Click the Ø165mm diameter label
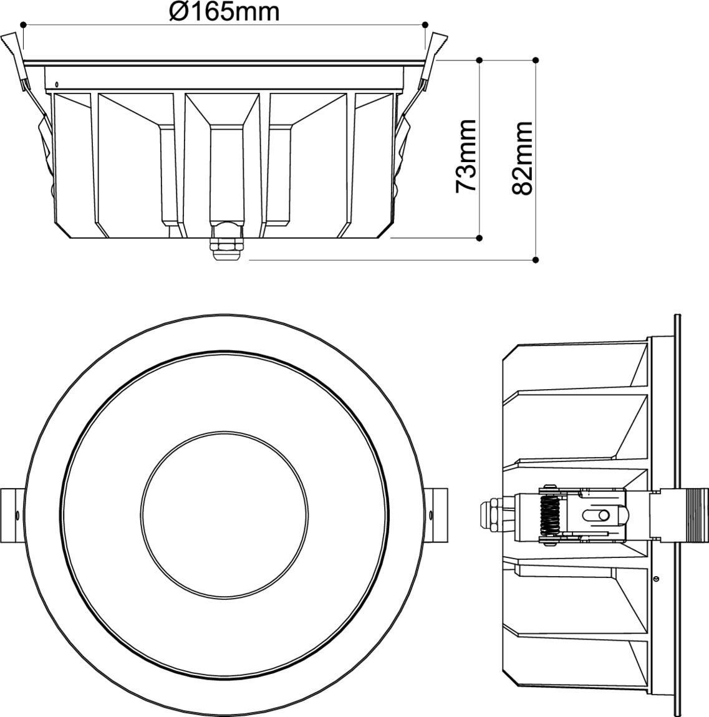[224, 11]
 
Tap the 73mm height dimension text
[466, 155]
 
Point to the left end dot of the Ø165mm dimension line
[22, 25]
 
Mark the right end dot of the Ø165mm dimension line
[425, 25]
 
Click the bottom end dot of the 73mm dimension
[479, 238]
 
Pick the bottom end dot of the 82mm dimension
[536, 259]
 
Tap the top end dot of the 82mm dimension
[536, 60]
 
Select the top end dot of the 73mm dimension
[479, 60]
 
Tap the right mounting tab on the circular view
[440, 515]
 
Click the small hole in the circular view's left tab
[17, 515]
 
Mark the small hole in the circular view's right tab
[433, 515]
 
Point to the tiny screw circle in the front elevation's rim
[57, 84]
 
